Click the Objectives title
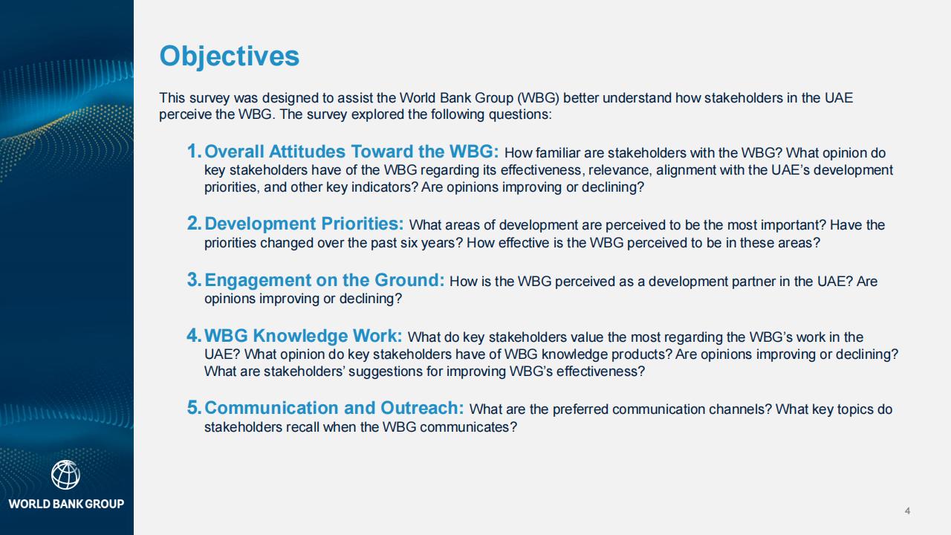click(x=230, y=56)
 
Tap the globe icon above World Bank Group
click(x=66, y=475)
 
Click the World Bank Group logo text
click(x=66, y=504)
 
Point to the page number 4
click(x=907, y=510)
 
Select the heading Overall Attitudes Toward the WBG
click(x=351, y=152)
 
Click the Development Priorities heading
click(x=304, y=224)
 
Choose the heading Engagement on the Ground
click(x=325, y=280)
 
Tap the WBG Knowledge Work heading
click(x=303, y=336)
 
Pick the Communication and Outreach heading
click(x=334, y=408)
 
